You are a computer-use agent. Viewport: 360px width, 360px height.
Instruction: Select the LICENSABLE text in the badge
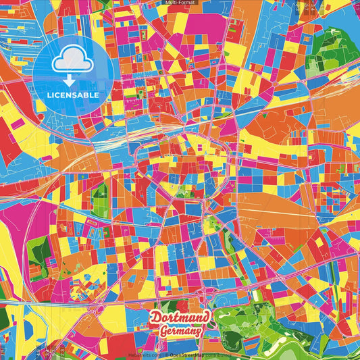click(73, 95)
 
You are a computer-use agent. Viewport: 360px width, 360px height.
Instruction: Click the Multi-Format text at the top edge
click(180, 3)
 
